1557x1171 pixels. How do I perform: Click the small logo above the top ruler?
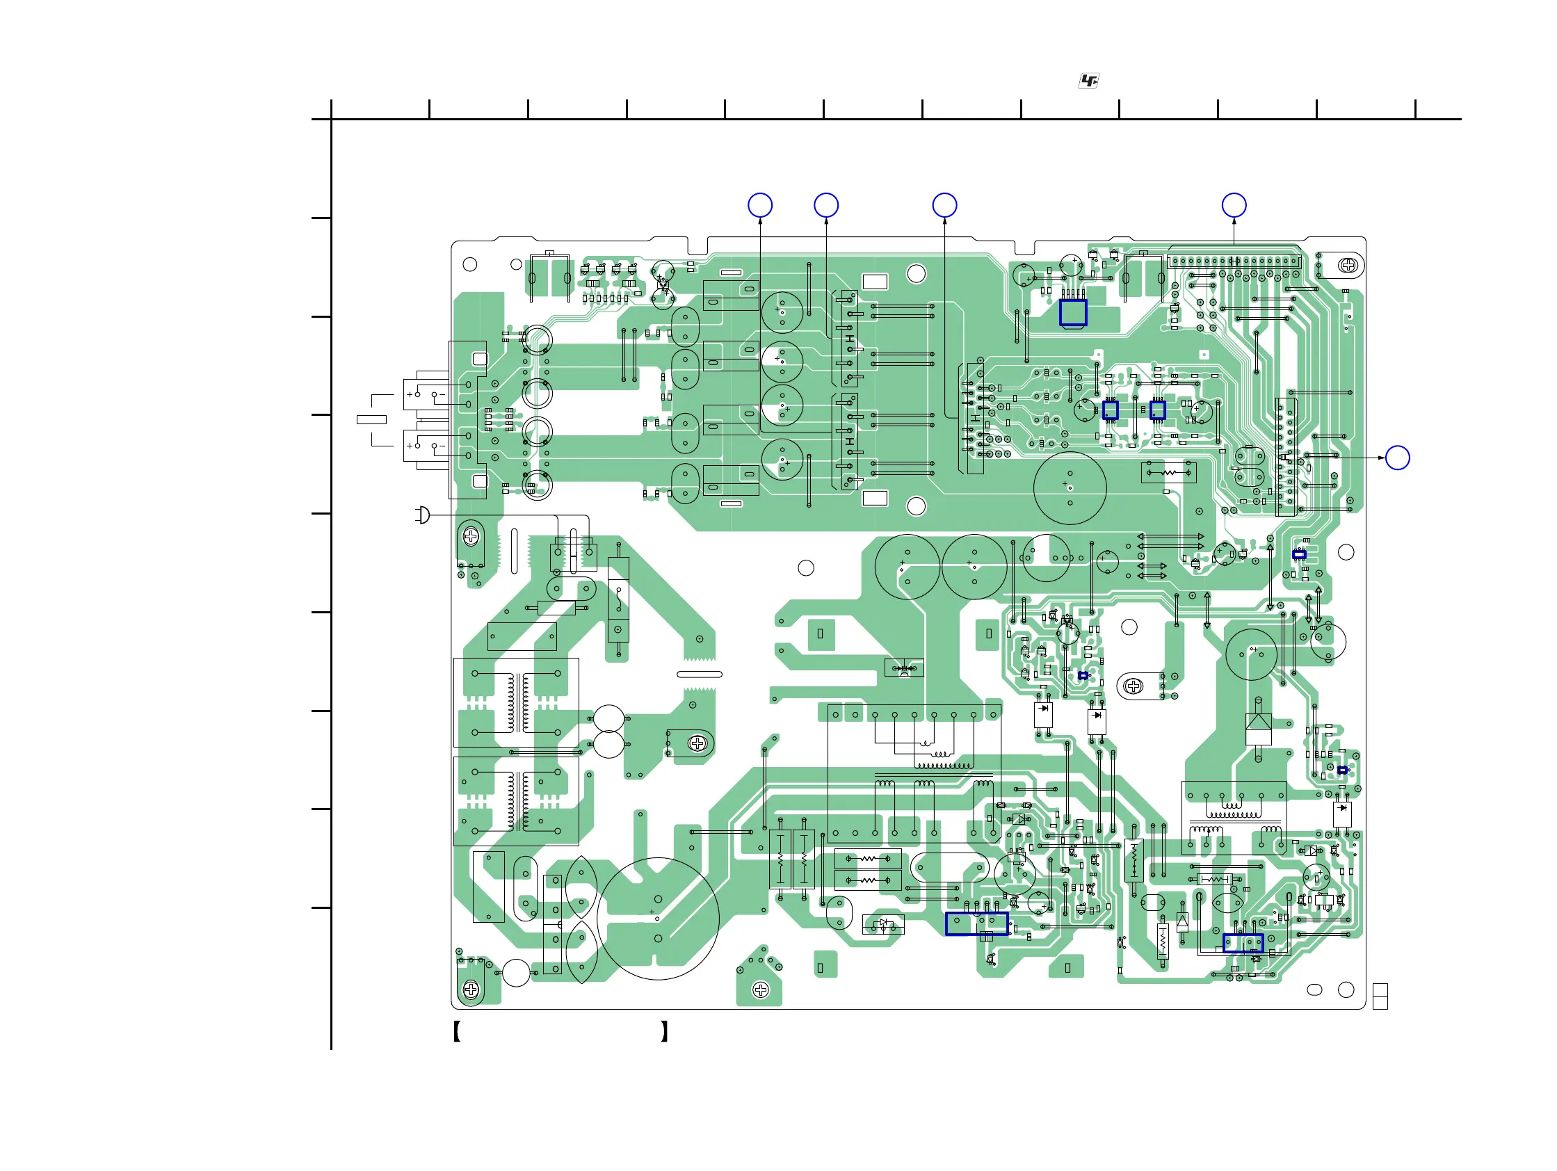point(1088,81)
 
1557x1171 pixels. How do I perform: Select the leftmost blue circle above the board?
point(759,206)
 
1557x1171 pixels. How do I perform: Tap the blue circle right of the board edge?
point(1397,458)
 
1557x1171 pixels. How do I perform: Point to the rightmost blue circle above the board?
point(1234,206)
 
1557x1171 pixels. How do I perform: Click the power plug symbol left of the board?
point(422,515)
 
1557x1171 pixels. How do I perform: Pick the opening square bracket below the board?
point(457,1032)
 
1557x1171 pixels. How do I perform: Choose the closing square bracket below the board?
point(664,1032)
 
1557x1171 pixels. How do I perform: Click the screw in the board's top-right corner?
point(1348,266)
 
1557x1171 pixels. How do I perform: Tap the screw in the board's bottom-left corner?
point(471,990)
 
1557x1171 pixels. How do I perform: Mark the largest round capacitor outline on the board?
point(657,919)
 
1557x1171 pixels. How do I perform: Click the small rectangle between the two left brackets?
point(371,420)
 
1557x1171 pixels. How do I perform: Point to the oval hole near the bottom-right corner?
point(1314,990)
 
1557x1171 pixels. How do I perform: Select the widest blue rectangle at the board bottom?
point(976,924)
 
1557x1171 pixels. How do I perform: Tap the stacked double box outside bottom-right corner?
point(1380,996)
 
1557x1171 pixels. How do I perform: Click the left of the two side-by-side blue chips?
point(1110,410)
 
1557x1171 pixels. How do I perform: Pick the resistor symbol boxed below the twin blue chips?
point(1168,472)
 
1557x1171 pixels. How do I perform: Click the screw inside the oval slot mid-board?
point(1134,686)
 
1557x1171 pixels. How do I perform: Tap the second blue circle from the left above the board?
point(825,206)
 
